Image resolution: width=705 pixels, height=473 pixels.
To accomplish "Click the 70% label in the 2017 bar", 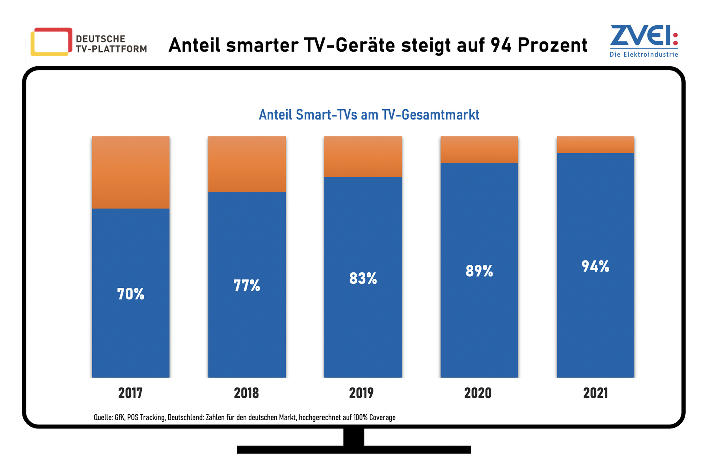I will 130,294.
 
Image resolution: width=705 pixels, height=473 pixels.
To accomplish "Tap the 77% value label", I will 247,286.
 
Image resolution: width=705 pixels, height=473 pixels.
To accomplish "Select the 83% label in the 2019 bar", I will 363,279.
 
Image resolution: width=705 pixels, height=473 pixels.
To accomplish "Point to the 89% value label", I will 479,271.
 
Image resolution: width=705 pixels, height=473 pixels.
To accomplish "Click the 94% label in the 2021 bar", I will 595,267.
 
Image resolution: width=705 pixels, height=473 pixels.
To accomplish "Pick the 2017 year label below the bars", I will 130,393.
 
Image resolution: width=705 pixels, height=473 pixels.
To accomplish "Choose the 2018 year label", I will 246,393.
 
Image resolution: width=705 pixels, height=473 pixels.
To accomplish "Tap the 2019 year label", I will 361,393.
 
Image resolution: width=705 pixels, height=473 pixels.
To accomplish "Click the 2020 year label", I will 478,393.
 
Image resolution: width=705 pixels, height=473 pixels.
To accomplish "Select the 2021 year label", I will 595,393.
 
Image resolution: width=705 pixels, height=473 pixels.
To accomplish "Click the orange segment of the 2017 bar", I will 130,172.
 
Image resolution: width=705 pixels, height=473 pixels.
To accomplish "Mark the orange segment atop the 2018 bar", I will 247,164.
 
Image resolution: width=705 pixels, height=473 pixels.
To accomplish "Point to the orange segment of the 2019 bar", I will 363,156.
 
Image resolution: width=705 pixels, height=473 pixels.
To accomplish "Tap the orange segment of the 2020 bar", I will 479,149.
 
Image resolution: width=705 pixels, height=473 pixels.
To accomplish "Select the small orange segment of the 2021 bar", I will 595,145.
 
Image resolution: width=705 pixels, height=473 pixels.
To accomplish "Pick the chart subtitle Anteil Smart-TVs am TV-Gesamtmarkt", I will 369,115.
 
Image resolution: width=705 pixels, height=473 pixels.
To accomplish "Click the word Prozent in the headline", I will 552,45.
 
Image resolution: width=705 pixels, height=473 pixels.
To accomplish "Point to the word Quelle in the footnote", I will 102,417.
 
